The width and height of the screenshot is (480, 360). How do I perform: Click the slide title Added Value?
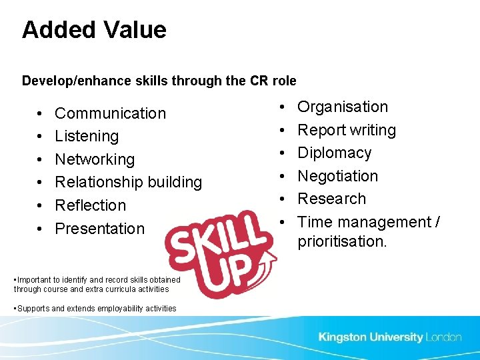(x=94, y=30)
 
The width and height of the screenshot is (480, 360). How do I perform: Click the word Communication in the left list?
(x=110, y=113)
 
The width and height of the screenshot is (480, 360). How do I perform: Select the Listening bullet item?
(x=87, y=136)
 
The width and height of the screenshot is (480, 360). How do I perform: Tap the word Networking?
(x=95, y=159)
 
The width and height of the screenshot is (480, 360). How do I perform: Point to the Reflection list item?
(x=90, y=205)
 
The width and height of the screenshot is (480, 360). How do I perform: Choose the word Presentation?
(x=99, y=229)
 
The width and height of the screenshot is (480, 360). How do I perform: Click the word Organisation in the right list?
(x=342, y=107)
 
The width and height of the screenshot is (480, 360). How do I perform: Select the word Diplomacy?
(x=334, y=153)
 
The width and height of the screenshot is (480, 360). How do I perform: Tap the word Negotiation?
(x=337, y=176)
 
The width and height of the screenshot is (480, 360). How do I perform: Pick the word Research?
(x=331, y=199)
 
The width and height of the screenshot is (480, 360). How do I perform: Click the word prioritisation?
(x=341, y=241)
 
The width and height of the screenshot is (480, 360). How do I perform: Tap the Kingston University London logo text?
(x=389, y=337)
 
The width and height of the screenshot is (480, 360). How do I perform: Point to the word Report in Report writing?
(x=318, y=130)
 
